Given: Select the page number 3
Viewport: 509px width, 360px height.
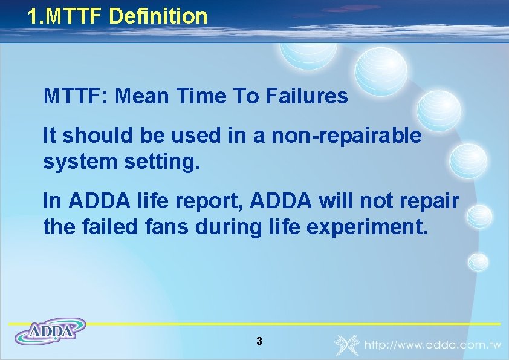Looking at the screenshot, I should pos(259,342).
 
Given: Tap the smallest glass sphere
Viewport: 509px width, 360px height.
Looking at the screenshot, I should pos(478,261).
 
